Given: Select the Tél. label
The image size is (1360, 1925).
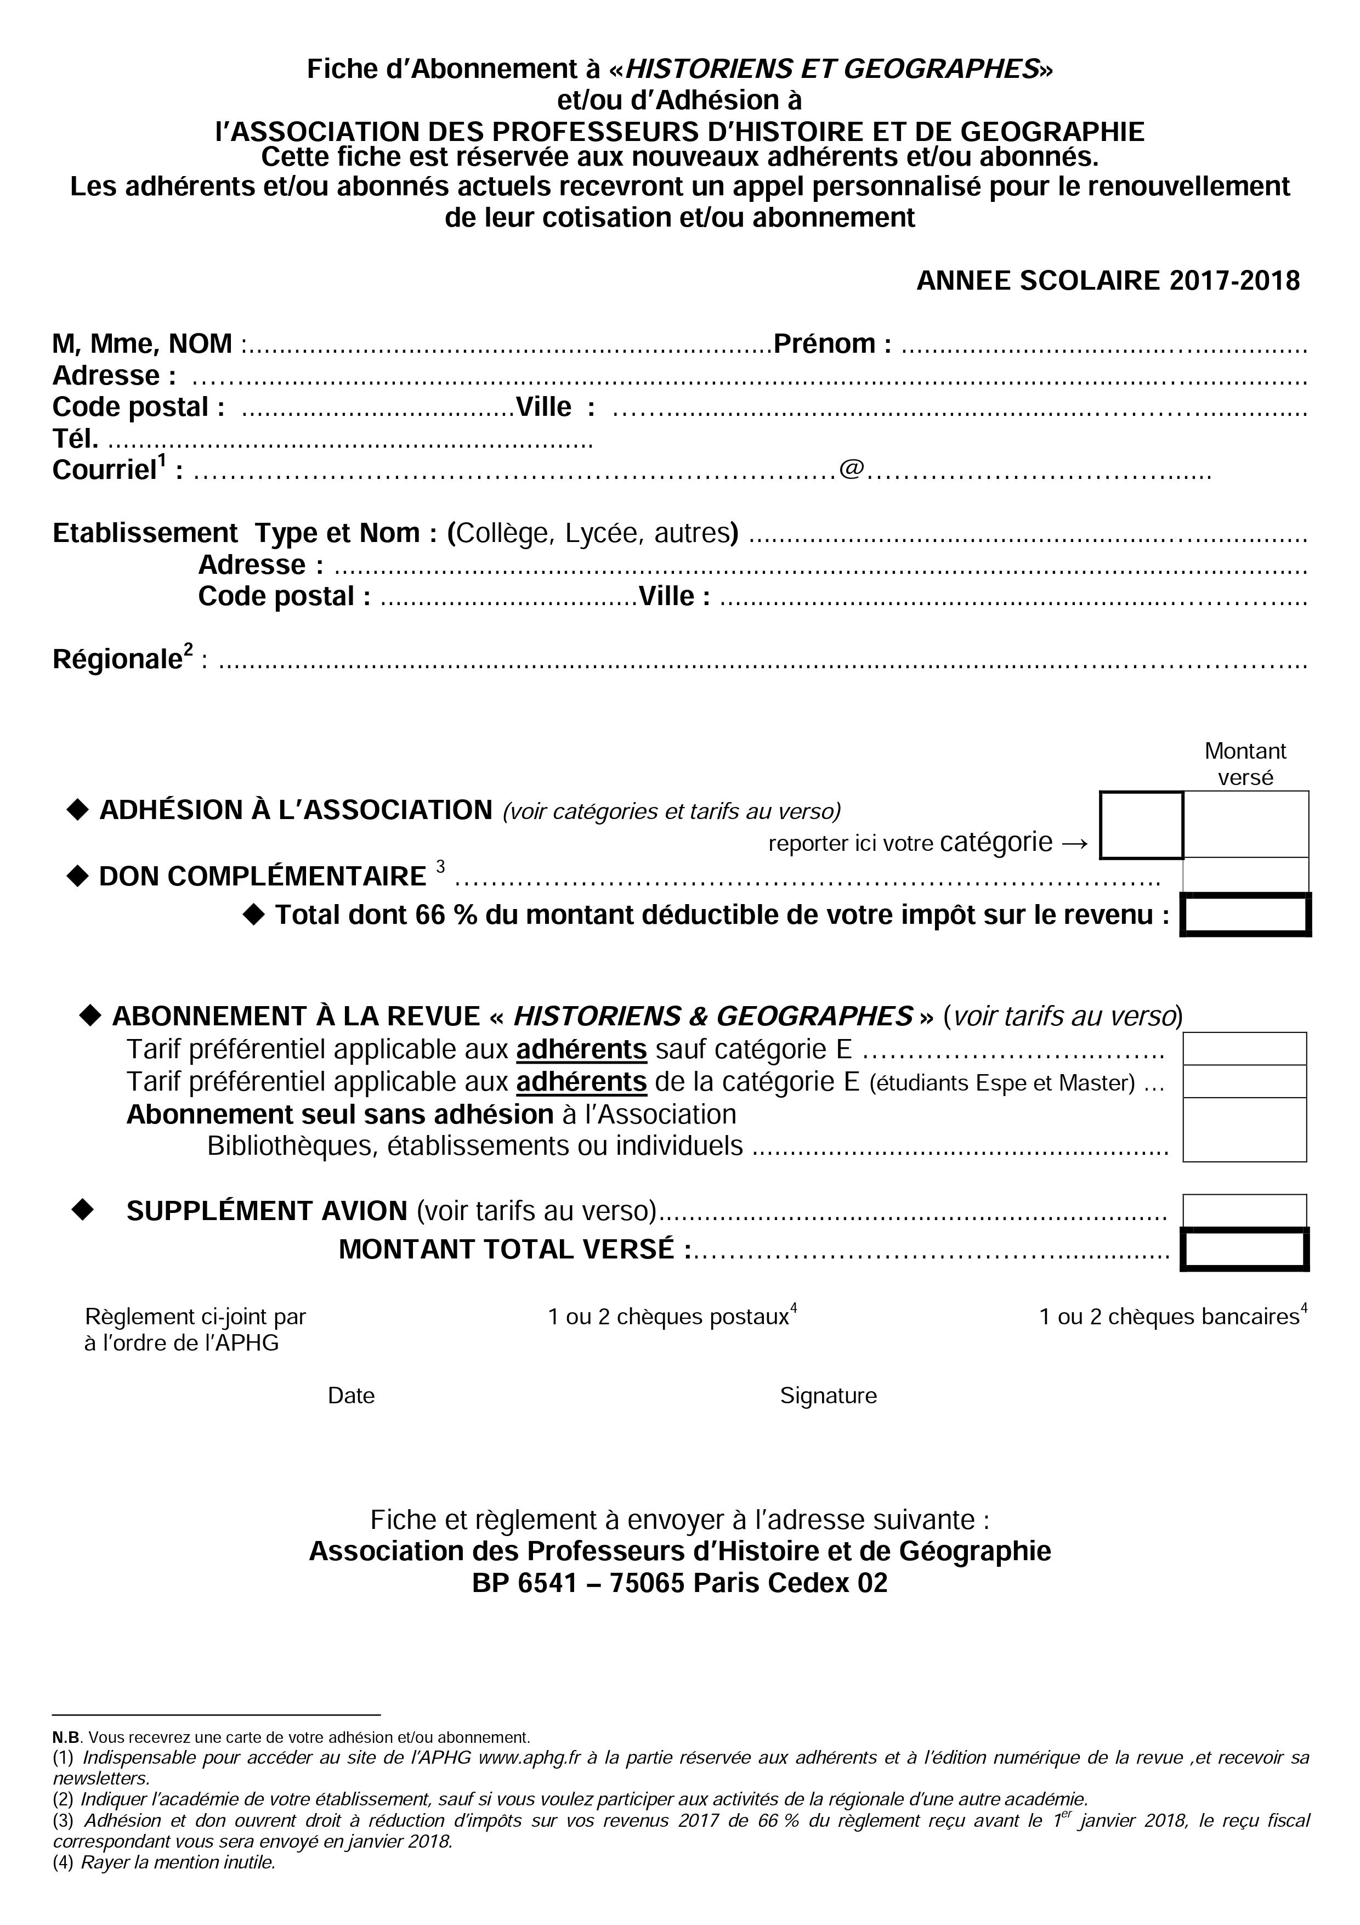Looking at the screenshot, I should [76, 438].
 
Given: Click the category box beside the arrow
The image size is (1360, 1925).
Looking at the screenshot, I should [1141, 825].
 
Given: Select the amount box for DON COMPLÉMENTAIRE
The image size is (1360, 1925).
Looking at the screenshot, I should [1245, 876].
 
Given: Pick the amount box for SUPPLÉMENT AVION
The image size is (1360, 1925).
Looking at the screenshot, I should [1244, 1211].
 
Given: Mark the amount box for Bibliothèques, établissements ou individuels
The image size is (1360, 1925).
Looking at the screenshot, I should [1244, 1130].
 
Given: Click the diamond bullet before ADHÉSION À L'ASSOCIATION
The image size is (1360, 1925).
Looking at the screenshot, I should [77, 810].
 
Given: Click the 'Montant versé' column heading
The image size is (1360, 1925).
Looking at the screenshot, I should [1245, 764].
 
